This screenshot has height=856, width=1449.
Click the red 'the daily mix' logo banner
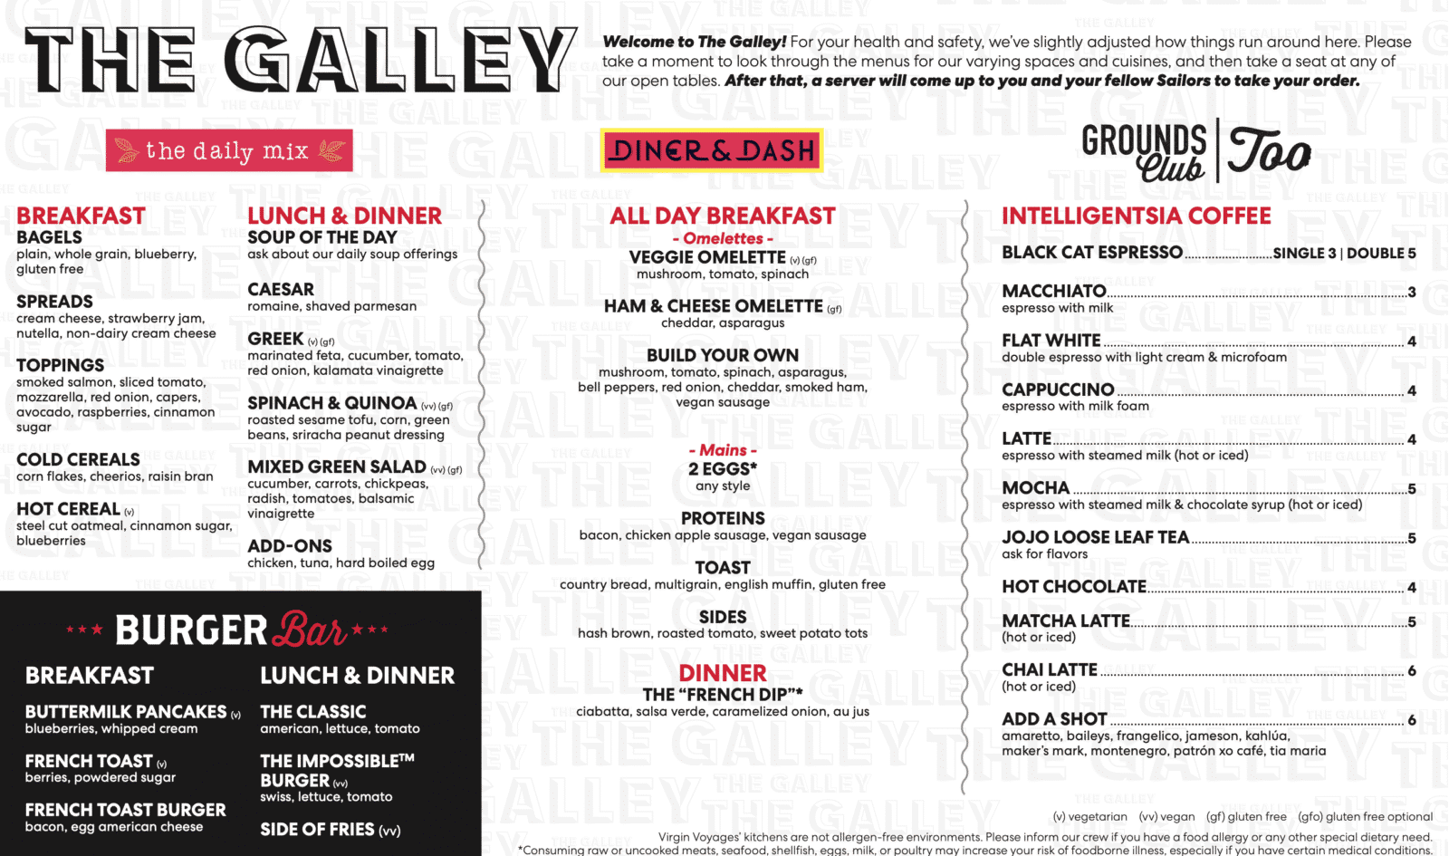pos(228,150)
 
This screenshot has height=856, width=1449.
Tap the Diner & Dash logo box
pos(712,150)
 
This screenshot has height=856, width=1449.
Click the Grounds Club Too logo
pos(1195,150)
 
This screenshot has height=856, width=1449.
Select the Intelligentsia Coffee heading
pos(1136,216)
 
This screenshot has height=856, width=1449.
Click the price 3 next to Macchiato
pos(1411,293)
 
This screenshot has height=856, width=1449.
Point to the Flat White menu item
pos(1051,341)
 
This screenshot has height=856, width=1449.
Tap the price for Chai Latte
pos(1411,671)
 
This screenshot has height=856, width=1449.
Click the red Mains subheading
pos(723,450)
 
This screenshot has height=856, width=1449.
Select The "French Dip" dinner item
pos(723,695)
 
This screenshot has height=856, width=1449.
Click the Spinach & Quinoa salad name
pos(332,403)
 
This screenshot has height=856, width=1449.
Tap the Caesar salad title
pos(281,290)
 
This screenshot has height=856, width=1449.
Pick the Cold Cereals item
pos(78,459)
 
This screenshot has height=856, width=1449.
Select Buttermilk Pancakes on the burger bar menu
pos(126,712)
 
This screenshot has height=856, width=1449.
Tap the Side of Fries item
pos(317,830)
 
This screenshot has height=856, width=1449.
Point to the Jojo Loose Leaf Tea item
pos(1095,537)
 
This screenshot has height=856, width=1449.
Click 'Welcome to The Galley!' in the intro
pos(694,42)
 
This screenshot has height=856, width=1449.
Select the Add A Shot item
pos(1054,719)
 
